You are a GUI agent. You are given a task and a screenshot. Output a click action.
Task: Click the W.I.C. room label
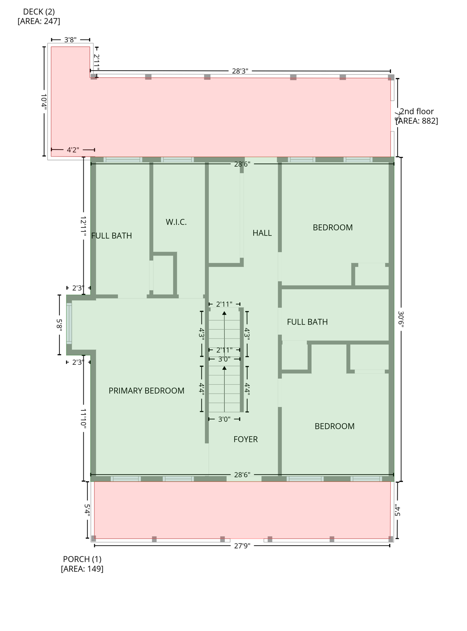(x=176, y=222)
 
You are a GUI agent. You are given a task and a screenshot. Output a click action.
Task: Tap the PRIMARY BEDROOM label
(x=147, y=391)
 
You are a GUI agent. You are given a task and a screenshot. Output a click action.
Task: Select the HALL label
(x=262, y=233)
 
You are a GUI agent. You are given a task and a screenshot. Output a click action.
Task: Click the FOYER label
(x=245, y=439)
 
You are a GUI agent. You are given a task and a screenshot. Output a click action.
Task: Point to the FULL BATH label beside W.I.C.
(x=112, y=236)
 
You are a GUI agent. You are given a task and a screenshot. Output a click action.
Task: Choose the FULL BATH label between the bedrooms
(x=307, y=322)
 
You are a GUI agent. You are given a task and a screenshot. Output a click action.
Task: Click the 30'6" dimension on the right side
(x=401, y=319)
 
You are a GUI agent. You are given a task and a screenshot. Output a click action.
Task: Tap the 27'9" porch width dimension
(x=242, y=546)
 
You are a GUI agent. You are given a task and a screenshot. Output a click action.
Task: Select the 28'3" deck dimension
(x=240, y=71)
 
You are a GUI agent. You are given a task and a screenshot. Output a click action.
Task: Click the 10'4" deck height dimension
(x=44, y=101)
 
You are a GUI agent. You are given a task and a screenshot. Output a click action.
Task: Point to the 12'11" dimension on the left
(x=83, y=226)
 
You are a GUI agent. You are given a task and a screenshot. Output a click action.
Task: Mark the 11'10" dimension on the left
(x=83, y=419)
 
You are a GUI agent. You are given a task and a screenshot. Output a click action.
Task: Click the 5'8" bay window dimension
(x=60, y=325)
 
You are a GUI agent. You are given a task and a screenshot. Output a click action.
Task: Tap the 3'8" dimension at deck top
(x=70, y=40)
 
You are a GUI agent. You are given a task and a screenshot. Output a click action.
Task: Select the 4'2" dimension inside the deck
(x=73, y=150)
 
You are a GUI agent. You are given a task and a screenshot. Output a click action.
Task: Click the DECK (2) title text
(x=39, y=12)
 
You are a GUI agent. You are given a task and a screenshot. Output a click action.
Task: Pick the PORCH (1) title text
(x=82, y=559)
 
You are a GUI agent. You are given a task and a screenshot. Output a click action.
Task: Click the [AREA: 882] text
(x=417, y=121)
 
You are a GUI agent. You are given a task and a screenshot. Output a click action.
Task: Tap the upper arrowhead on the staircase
(x=224, y=313)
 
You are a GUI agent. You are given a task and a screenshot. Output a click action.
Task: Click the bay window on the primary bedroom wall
(x=69, y=324)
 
